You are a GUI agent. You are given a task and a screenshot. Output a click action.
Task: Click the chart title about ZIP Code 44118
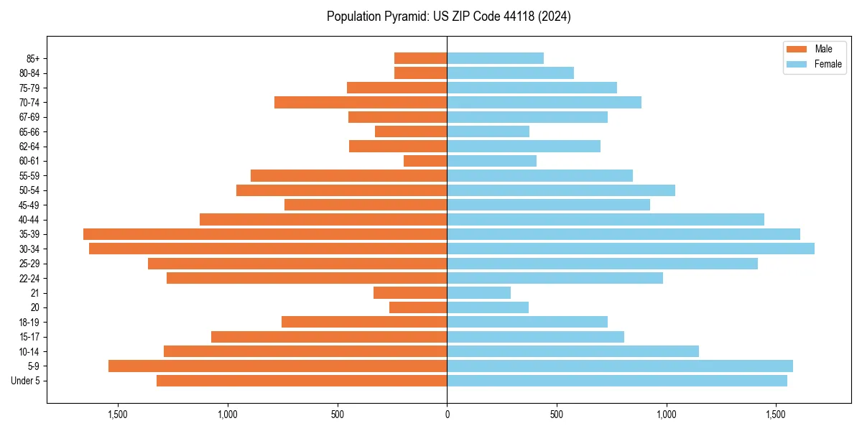[448, 17]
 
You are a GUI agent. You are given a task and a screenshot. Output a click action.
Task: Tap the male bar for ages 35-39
[265, 234]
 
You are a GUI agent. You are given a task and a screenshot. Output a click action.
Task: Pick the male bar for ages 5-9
[277, 366]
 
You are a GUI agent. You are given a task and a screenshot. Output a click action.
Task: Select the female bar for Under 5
[617, 381]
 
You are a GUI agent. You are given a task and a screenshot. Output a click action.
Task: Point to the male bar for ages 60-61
[425, 161]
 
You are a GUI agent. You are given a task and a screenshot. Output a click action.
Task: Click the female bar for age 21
[478, 293]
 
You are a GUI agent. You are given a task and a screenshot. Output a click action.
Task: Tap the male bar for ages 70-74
[361, 102]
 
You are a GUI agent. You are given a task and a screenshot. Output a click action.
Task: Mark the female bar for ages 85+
[495, 58]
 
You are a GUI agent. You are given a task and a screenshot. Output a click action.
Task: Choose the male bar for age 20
[418, 307]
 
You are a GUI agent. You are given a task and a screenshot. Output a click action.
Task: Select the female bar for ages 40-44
[606, 220]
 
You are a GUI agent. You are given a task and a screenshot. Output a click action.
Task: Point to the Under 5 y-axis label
[26, 381]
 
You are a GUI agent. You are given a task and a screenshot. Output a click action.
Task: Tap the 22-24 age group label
[29, 279]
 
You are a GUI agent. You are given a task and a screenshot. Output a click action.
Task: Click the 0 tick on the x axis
[447, 414]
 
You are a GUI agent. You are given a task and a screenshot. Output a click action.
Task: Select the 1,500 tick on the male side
[118, 414]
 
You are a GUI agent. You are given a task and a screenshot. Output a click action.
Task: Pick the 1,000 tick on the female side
[666, 414]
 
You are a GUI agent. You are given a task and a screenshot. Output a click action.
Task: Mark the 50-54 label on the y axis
[29, 190]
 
